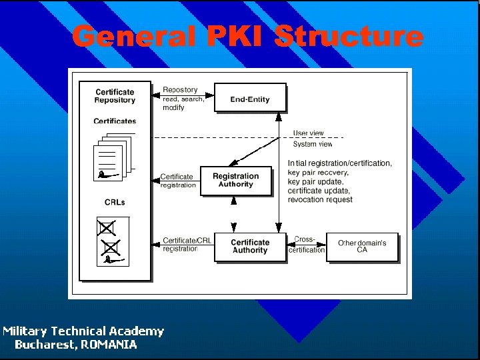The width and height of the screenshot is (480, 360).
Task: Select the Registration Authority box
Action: (x=236, y=181)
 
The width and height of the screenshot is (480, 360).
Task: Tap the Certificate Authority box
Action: (x=250, y=247)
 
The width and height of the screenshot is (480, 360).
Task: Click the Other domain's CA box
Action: (x=362, y=247)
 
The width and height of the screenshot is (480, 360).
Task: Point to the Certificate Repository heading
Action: (x=115, y=96)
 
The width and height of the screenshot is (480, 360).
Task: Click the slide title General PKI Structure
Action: (x=247, y=36)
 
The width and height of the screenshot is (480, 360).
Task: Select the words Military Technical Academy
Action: (x=83, y=331)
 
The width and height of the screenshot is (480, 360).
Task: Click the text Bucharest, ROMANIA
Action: (x=76, y=345)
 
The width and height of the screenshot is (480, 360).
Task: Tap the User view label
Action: (x=309, y=133)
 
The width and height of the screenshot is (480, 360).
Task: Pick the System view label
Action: (x=312, y=144)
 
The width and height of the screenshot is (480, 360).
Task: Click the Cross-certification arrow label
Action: (x=307, y=245)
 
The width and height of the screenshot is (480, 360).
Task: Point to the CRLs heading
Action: (x=115, y=202)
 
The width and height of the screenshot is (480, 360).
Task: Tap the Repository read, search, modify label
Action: (x=183, y=99)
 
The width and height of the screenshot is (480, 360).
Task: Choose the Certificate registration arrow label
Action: (x=178, y=181)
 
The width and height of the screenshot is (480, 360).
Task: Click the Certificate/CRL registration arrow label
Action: (x=186, y=245)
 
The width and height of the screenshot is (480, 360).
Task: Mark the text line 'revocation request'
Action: (x=320, y=200)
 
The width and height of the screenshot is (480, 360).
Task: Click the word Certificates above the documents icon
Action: (x=115, y=121)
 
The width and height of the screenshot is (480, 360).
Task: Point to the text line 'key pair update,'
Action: (x=316, y=181)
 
